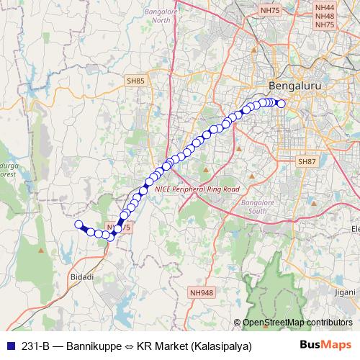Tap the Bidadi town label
[x=82, y=276]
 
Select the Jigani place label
[x=345, y=293]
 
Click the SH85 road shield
[x=135, y=81]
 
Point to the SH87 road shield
[x=307, y=163]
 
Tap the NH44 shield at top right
[x=325, y=6]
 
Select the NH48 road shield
[x=325, y=15]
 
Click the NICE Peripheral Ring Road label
[x=196, y=189]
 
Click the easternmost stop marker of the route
[x=282, y=104]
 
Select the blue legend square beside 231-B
[x=9, y=346]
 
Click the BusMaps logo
[x=325, y=345]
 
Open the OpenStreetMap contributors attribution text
[x=297, y=323]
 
